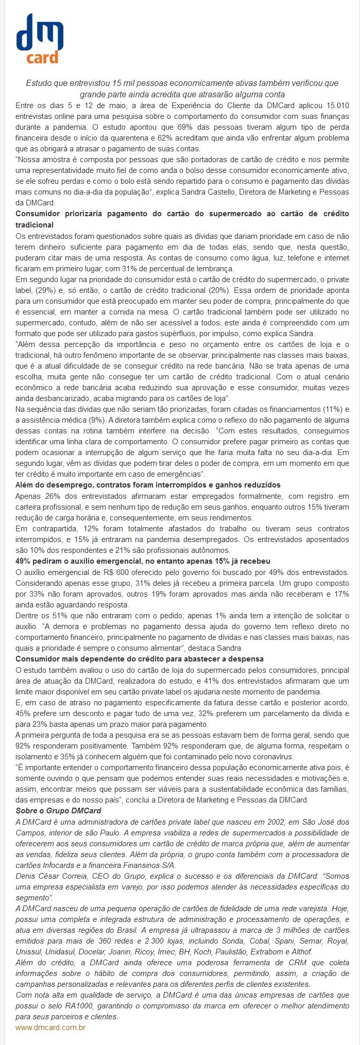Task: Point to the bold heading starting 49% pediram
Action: [143, 561]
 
